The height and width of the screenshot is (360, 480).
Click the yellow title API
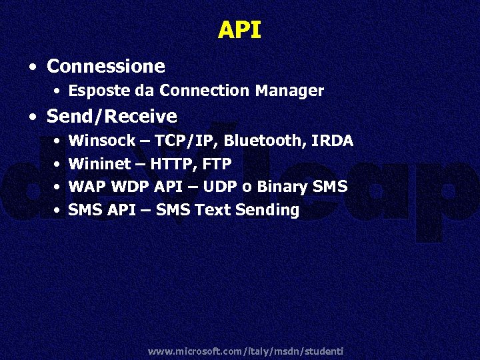(x=239, y=30)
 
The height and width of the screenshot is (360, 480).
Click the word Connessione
(x=106, y=66)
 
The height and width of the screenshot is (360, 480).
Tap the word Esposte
(x=91, y=91)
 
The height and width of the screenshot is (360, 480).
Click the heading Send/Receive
(x=111, y=117)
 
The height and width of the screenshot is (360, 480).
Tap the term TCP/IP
(x=188, y=141)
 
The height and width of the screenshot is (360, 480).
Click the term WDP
(x=127, y=187)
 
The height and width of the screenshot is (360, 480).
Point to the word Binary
(x=283, y=187)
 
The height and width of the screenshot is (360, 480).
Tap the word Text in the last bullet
(x=212, y=210)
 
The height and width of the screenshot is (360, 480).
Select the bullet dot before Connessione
(x=33, y=67)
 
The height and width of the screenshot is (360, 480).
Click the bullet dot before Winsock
(x=59, y=142)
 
